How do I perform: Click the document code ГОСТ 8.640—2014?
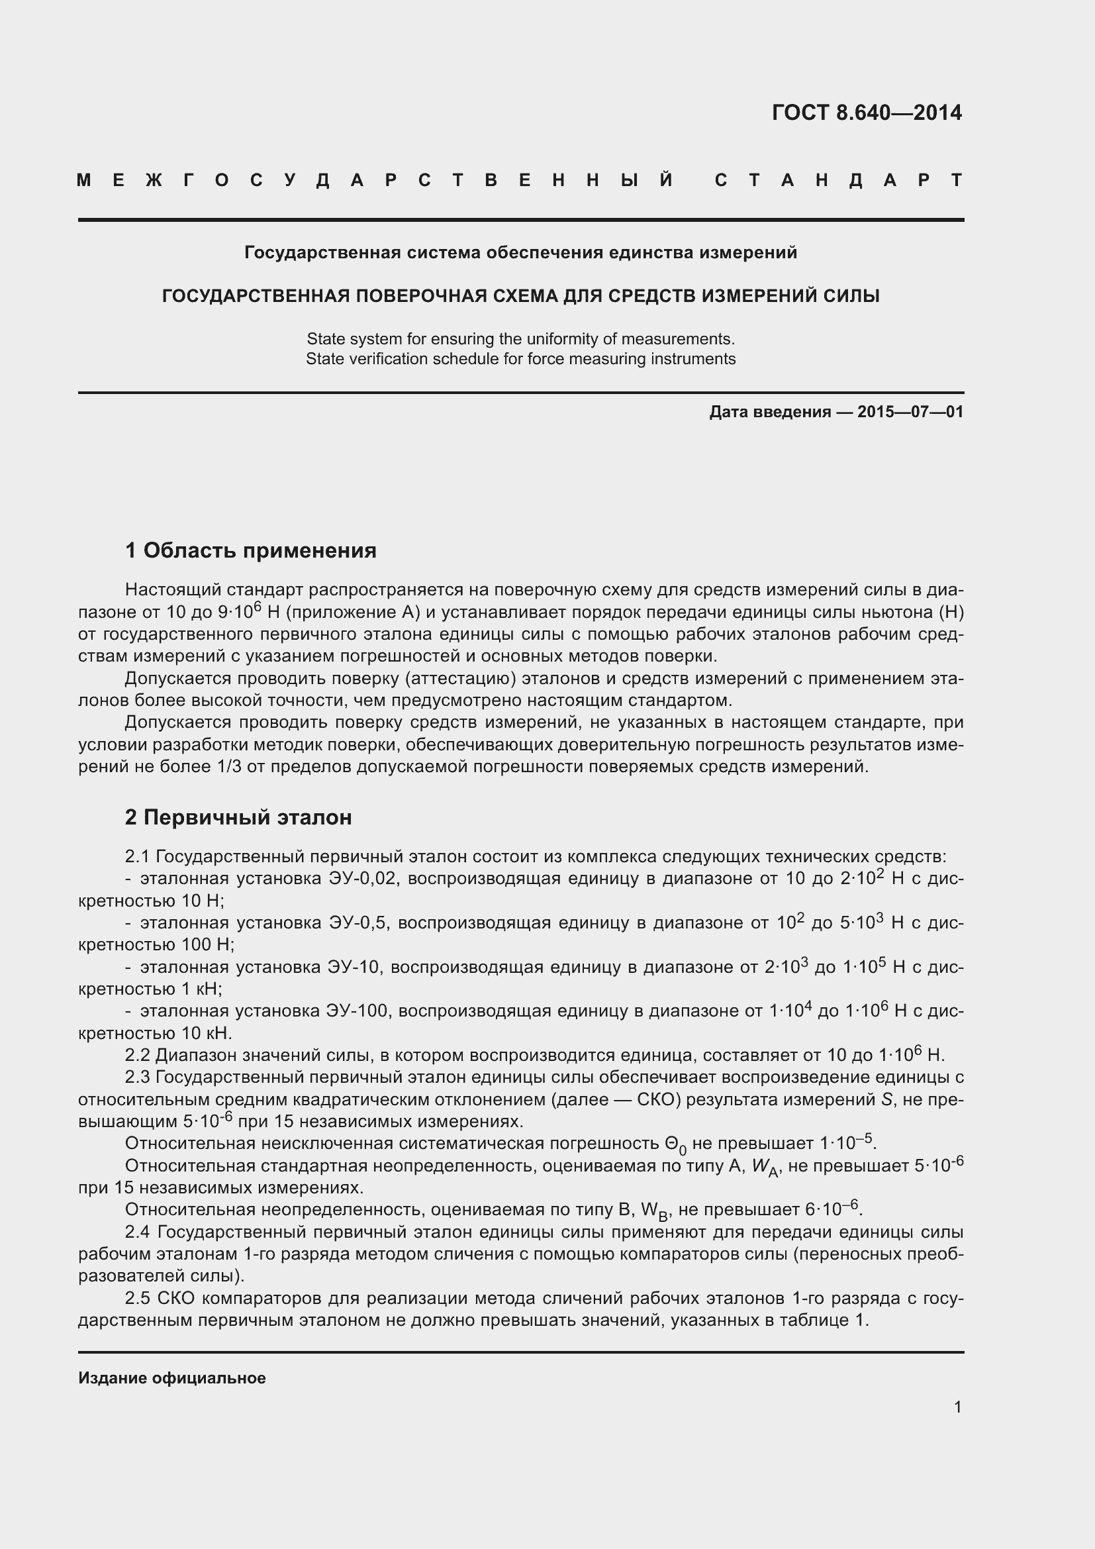pos(867,113)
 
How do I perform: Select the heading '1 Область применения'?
pos(250,550)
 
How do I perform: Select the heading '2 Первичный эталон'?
pos(238,817)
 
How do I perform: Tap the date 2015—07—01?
pos(910,411)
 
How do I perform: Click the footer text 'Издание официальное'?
pos(172,1377)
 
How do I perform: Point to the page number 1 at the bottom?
pos(957,1407)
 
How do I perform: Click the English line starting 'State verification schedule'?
pos(520,359)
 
